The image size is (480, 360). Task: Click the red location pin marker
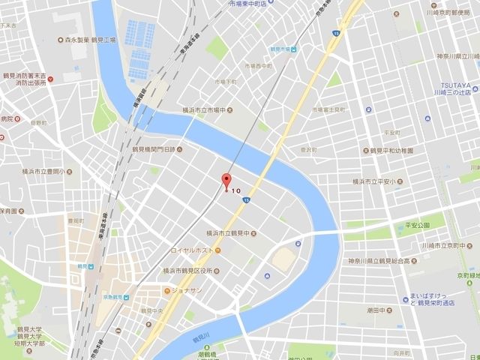pyautogui.click(x=225, y=181)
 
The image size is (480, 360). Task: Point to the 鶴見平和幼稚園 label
pyautogui.click(x=397, y=150)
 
